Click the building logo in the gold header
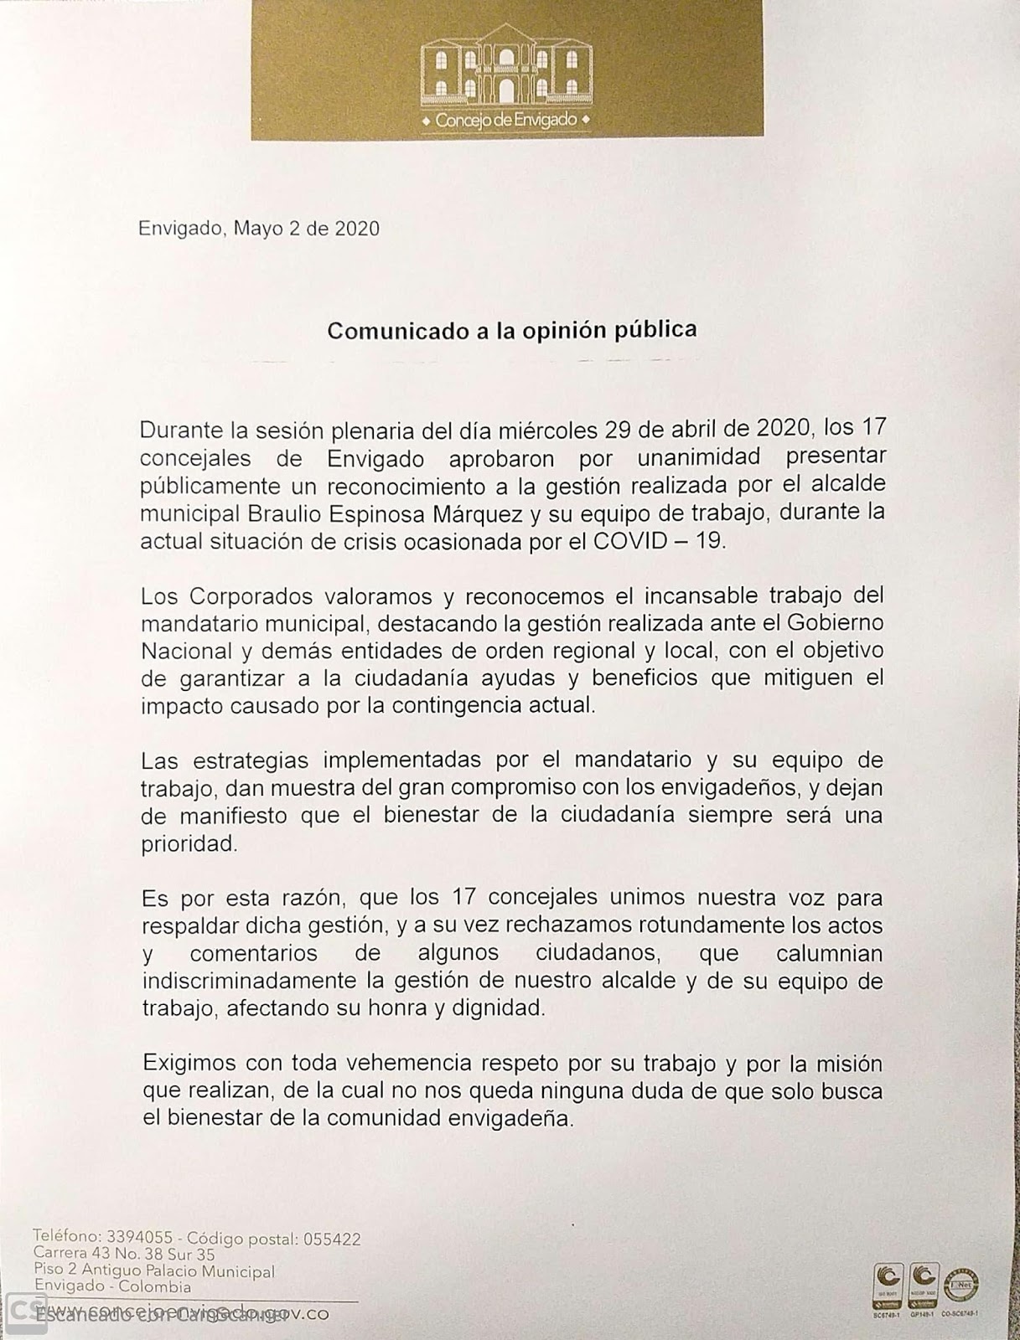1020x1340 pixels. [506, 73]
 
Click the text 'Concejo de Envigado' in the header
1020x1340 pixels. [506, 120]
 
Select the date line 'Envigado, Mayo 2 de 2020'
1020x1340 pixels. [259, 229]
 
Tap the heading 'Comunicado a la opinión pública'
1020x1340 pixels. [511, 330]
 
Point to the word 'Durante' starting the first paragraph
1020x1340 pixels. [178, 430]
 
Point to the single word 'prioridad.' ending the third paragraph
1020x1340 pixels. [189, 843]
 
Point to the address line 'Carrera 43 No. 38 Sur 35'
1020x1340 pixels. [124, 1255]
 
